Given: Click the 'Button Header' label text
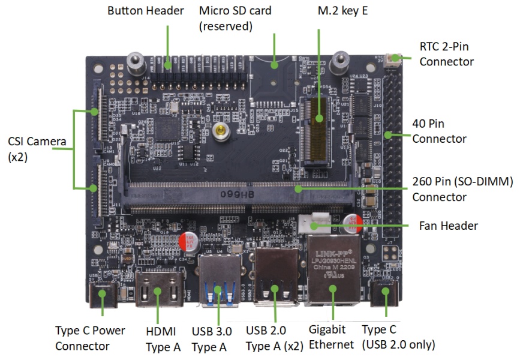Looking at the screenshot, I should click(145, 11).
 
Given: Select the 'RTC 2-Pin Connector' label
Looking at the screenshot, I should click(446, 55).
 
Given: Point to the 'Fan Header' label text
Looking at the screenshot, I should click(448, 226).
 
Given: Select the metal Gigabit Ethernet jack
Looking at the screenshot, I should click(333, 270).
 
